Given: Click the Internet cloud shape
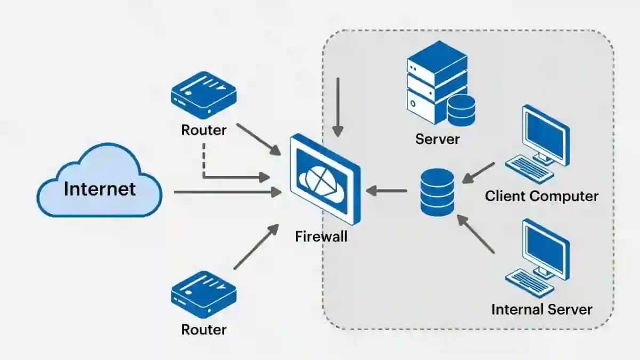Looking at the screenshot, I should pos(99,184).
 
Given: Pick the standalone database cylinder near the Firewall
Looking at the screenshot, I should pos(437,192).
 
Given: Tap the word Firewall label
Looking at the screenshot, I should pos(321,236).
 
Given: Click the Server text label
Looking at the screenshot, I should pos(437,139).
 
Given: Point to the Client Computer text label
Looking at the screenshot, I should pos(541,196).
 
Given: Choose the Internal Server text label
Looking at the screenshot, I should pos(541,309).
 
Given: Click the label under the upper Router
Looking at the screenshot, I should pos(203,130).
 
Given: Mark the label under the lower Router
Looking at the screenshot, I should pos(203,329).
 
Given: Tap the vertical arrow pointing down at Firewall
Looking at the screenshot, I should pos(337,107).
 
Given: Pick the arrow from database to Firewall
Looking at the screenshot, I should pos(387,190).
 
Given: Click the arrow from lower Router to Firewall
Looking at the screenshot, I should pos(256,247).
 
